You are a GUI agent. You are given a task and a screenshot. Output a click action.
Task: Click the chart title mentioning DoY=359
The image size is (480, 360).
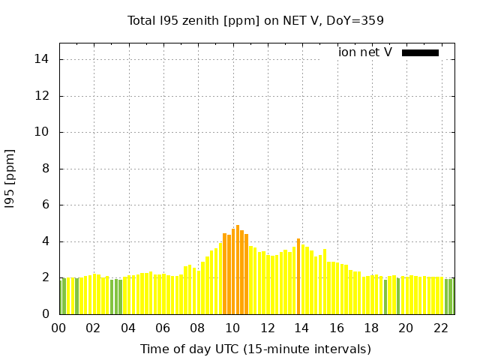(256, 20)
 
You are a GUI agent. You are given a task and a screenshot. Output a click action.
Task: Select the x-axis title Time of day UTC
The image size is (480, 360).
(256, 349)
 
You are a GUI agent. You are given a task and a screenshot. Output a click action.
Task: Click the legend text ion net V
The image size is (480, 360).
(365, 52)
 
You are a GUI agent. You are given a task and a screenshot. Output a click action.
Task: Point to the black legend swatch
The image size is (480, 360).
(420, 52)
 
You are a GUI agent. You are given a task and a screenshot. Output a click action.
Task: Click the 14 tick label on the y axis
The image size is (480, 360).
(43, 59)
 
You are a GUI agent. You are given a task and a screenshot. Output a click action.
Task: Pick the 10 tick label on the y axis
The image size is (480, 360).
(43, 132)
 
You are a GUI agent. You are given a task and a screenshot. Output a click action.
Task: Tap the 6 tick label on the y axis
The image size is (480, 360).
(46, 205)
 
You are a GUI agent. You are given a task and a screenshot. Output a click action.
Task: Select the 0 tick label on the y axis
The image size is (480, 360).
(46, 314)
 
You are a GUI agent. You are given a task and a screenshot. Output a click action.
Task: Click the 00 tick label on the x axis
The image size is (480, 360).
(58, 328)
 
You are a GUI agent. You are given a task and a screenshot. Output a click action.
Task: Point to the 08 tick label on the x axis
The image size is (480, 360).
(197, 328)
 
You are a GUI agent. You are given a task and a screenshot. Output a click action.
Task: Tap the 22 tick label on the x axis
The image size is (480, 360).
(440, 328)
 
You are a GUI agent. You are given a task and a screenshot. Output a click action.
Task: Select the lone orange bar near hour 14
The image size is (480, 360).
(298, 276)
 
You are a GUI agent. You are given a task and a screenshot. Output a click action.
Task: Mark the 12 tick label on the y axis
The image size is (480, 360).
(43, 96)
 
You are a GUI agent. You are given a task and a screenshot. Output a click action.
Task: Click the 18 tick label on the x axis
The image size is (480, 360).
(371, 328)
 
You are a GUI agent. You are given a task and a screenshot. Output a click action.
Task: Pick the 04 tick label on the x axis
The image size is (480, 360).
(128, 328)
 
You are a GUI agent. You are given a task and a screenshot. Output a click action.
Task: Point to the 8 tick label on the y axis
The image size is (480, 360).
(46, 169)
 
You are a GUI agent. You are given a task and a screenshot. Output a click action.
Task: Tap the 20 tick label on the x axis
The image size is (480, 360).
(406, 328)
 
